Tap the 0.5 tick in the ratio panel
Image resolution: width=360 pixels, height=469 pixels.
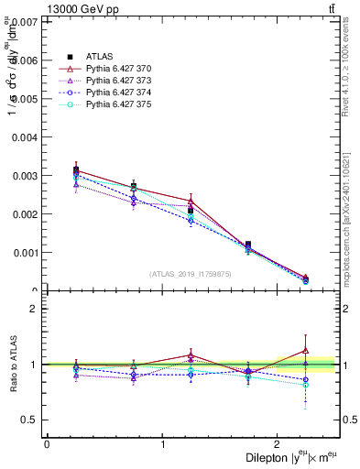(x=30, y=420)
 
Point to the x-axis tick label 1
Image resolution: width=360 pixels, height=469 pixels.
(x=163, y=444)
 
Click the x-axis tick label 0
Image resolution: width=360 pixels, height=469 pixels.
(x=47, y=444)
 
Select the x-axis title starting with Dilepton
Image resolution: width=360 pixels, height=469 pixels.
(x=292, y=457)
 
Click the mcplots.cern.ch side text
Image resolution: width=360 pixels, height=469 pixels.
(x=347, y=220)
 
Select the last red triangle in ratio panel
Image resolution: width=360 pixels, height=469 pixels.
(x=306, y=350)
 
